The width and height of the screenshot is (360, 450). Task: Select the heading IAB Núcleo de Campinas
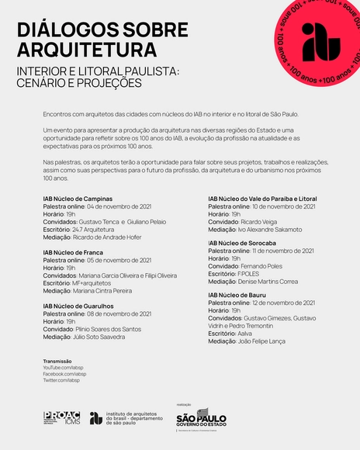point(78,199)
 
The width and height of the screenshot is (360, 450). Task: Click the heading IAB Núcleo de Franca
point(74,252)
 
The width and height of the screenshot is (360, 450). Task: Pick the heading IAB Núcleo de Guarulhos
point(79,306)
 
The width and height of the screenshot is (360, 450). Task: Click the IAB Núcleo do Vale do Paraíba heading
point(262,199)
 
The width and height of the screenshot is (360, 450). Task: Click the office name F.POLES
point(247,273)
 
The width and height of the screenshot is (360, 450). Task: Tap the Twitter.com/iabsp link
point(61,380)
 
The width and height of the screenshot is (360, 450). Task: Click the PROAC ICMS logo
point(61,417)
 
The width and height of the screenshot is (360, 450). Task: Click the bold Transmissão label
point(57,362)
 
